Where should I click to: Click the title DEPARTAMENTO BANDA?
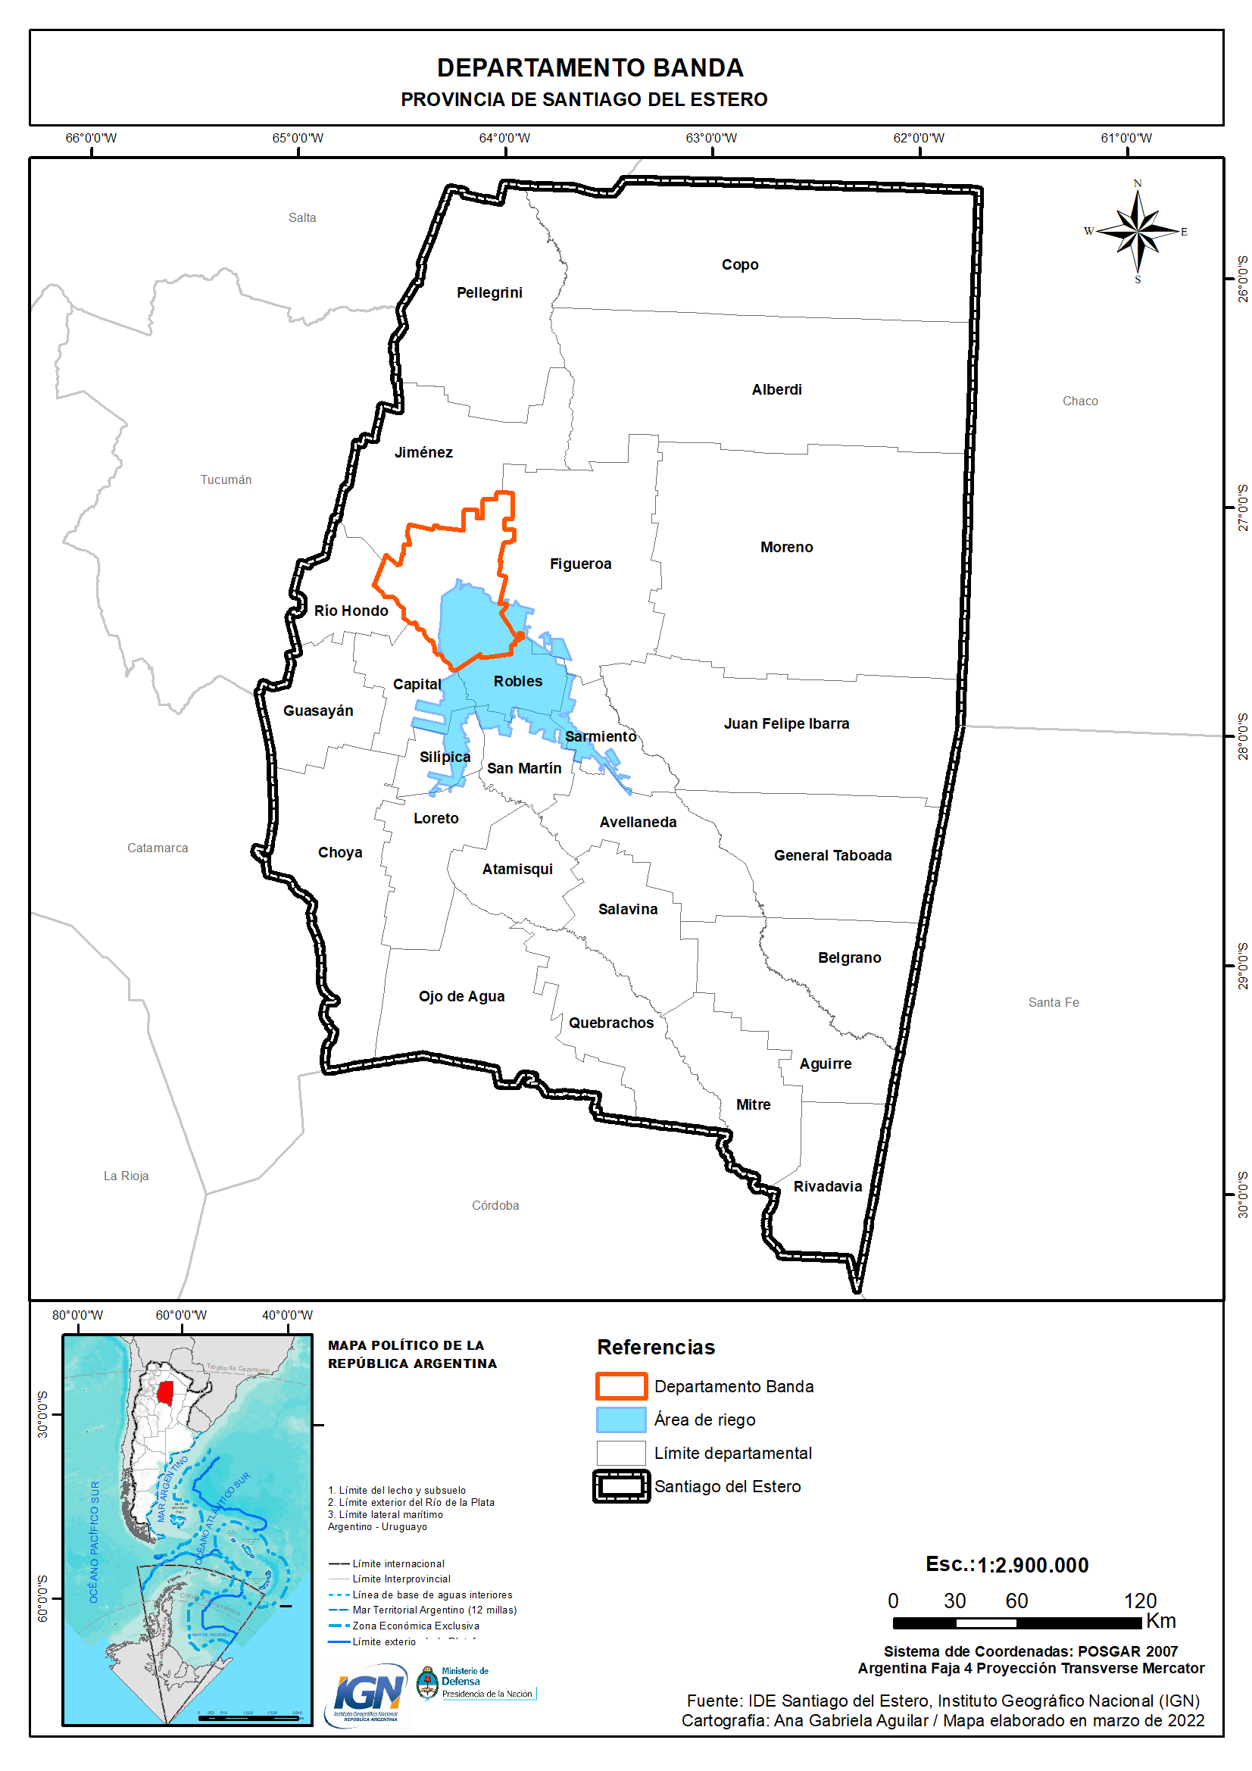590,68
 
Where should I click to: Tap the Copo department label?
740,264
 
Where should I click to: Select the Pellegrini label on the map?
489,292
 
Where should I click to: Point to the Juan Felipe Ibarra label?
786,723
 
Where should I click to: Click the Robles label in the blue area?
517,681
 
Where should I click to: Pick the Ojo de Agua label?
461,996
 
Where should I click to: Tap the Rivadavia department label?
827,1186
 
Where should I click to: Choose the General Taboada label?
832,855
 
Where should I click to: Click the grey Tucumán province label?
226,479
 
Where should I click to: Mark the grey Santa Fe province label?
1053,1002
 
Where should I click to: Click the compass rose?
1137,231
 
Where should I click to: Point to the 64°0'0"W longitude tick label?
504,138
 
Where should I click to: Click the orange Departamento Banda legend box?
621,1386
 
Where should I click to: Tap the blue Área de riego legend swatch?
621,1420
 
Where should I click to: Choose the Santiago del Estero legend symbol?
621,1486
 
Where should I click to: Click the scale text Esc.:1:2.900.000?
1007,1565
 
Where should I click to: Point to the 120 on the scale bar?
1139,1601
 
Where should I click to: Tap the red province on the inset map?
165,1392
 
